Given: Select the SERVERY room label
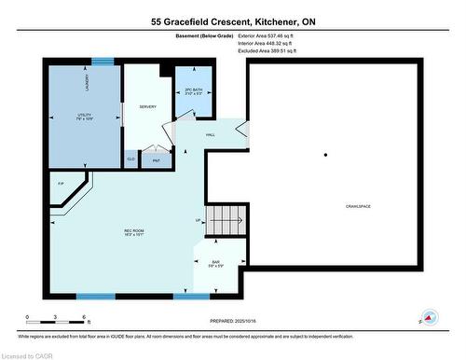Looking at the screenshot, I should [147, 107].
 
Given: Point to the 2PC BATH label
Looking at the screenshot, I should [192, 91].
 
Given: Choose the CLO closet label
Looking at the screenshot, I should [130, 160].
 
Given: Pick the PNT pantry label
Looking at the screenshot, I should [157, 160].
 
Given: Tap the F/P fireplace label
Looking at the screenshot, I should [62, 183].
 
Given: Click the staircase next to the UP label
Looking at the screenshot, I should [226, 222].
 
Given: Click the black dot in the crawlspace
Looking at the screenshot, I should [325, 155].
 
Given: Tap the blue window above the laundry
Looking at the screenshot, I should [102, 62].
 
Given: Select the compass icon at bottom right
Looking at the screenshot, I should [429, 317].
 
